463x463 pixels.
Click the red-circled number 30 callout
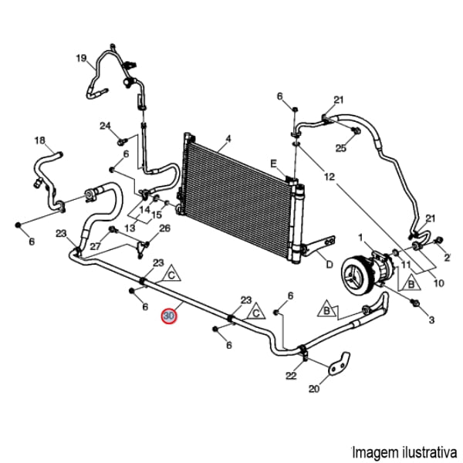click(168, 316)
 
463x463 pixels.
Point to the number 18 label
click(40, 140)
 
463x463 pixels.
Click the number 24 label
click(105, 126)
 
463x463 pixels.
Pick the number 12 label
click(330, 177)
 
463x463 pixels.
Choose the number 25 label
click(340, 147)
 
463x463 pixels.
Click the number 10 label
click(438, 283)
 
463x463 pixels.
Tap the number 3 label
click(432, 319)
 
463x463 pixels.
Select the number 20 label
click(313, 389)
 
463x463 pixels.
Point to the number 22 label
click(291, 376)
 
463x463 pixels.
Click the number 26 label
click(164, 228)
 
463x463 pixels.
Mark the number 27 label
click(95, 246)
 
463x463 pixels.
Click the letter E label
click(272, 162)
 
